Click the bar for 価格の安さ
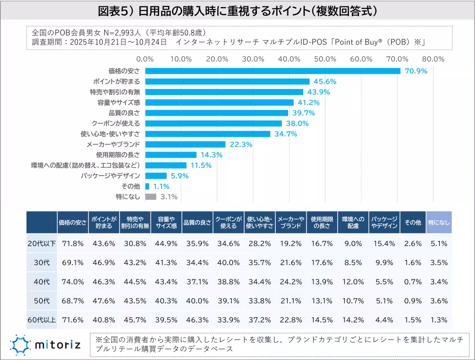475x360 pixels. coord(273,71)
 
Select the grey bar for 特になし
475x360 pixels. coord(151,197)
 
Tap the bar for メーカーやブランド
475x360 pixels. coord(185,144)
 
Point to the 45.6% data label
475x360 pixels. coord(325,81)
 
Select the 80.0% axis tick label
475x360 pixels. coord(433,59)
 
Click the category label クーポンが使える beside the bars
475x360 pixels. coord(116,123)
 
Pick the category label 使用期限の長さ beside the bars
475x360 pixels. coord(118,155)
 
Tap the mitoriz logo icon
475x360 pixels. coord(19,344)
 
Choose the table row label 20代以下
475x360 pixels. coord(42,244)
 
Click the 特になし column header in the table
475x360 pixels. coord(439,222)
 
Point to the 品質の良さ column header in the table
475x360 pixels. coord(197,222)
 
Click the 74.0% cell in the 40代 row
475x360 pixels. coord(73,282)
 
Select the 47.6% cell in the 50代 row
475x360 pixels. coord(104,301)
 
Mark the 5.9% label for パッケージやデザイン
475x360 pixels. coord(179,176)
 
